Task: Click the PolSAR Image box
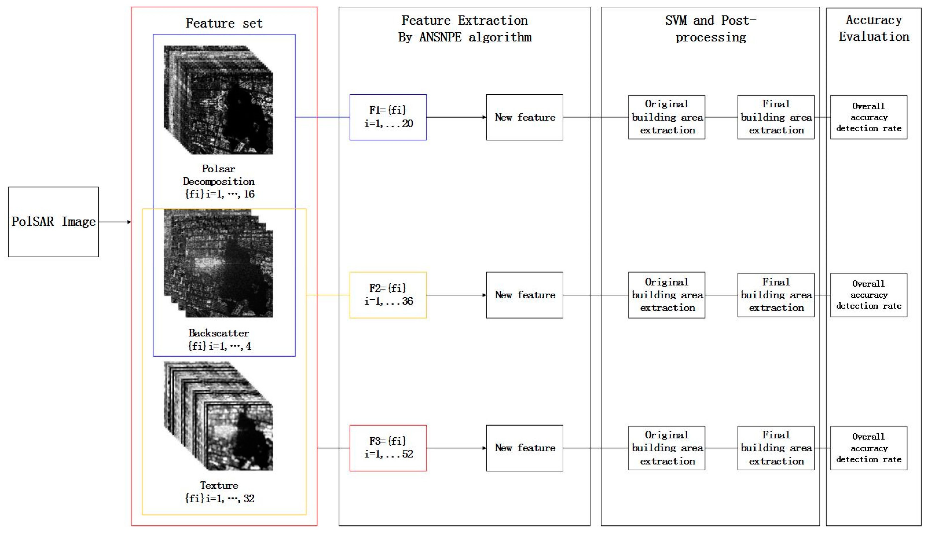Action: coord(54,222)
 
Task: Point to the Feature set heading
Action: coord(224,23)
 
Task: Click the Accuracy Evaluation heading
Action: coord(873,28)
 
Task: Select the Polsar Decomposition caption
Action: coord(219,181)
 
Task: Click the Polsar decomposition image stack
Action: coord(218,100)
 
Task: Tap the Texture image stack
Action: coord(218,416)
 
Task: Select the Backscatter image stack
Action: coord(218,263)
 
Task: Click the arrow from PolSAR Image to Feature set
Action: coord(115,222)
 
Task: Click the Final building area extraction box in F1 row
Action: coord(776,117)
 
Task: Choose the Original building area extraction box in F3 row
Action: coord(666,448)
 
